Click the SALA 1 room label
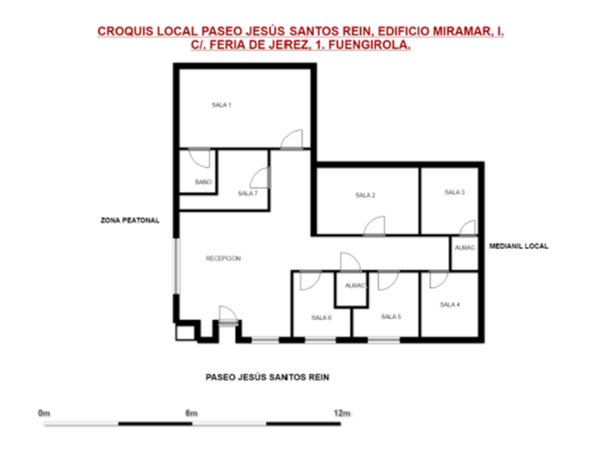221,105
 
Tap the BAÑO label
203,182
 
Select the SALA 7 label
248,194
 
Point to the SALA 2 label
365,195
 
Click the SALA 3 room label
454,193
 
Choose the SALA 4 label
450,305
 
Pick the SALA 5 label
391,316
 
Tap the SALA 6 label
321,318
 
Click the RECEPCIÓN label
223,258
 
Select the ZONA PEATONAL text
130,220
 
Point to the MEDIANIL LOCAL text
519,246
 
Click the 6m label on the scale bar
191,413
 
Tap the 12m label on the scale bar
342,413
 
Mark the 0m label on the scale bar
44,413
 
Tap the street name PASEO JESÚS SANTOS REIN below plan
267,377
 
